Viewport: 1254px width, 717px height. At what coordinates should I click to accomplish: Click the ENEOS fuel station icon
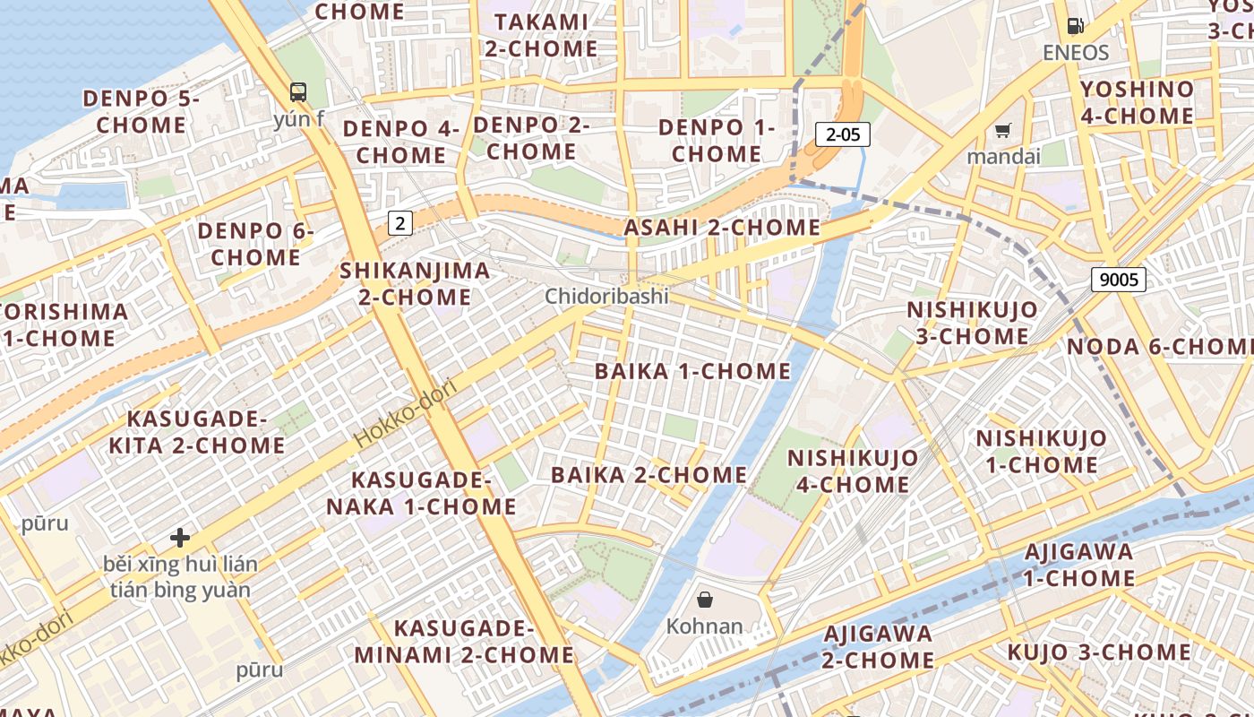click(1075, 27)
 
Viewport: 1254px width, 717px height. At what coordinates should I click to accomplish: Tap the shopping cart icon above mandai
click(1002, 131)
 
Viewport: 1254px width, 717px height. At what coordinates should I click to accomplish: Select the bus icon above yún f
click(298, 91)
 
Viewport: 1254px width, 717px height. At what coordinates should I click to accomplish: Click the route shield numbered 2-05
click(843, 135)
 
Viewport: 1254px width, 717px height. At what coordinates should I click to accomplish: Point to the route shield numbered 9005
click(1119, 280)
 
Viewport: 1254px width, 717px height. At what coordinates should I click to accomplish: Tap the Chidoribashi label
click(606, 296)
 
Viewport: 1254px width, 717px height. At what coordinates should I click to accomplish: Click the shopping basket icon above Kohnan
click(705, 600)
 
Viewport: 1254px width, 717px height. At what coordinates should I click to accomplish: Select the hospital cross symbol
click(180, 538)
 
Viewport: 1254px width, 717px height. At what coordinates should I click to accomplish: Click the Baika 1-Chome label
click(693, 371)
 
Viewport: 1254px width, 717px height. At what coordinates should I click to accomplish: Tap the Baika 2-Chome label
click(648, 475)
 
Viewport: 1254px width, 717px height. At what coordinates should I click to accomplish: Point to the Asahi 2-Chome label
click(722, 228)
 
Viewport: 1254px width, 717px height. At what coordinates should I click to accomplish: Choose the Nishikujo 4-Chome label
click(853, 471)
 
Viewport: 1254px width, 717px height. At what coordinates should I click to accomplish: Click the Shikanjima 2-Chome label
click(416, 283)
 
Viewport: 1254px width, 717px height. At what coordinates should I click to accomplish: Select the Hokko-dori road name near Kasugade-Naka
click(406, 414)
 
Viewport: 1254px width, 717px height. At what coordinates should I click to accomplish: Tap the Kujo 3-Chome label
click(1099, 652)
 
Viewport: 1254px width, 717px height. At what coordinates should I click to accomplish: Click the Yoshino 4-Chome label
click(1137, 102)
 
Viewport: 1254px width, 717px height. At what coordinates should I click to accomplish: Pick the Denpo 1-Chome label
click(717, 141)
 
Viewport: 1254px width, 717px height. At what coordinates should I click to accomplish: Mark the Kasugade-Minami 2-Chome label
click(464, 641)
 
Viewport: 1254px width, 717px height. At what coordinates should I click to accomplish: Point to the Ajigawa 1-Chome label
click(1078, 565)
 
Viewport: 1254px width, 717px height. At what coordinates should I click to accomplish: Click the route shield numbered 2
click(400, 223)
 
